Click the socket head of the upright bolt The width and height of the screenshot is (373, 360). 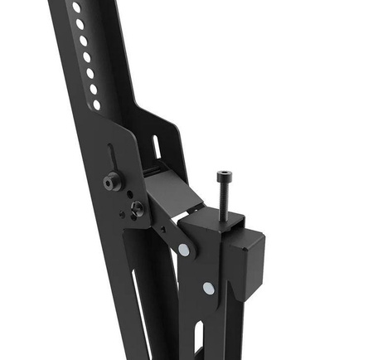tap(223, 176)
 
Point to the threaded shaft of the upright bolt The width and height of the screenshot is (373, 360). tap(224, 199)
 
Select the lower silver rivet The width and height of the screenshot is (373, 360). tap(207, 288)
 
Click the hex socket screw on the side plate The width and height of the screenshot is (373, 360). tap(110, 181)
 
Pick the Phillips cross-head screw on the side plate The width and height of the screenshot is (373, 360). tap(136, 207)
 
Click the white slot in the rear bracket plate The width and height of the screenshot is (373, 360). tap(155, 144)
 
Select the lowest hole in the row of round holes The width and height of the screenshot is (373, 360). tap(97, 105)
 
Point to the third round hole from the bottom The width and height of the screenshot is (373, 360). tap(90, 73)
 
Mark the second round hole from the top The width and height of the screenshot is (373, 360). tap(80, 23)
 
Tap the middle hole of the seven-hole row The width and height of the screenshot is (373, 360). tap(86, 56)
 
